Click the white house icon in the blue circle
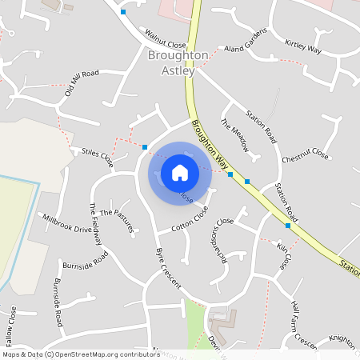(180, 172)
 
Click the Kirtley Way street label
(303, 46)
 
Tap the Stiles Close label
(97, 156)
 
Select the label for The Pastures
(117, 221)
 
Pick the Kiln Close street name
(283, 257)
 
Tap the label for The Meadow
(236, 136)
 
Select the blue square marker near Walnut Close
(123, 12)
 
